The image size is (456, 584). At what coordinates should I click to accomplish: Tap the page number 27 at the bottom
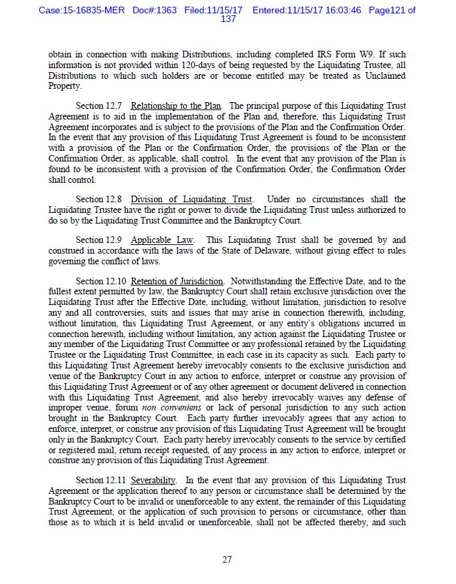tap(227, 559)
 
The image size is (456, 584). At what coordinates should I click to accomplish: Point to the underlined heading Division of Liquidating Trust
tap(191, 200)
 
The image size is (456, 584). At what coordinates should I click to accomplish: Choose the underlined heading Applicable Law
tap(162, 240)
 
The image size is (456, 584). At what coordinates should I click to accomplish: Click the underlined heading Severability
tap(153, 480)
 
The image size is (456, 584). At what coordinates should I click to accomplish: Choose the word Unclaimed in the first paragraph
tap(383, 76)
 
